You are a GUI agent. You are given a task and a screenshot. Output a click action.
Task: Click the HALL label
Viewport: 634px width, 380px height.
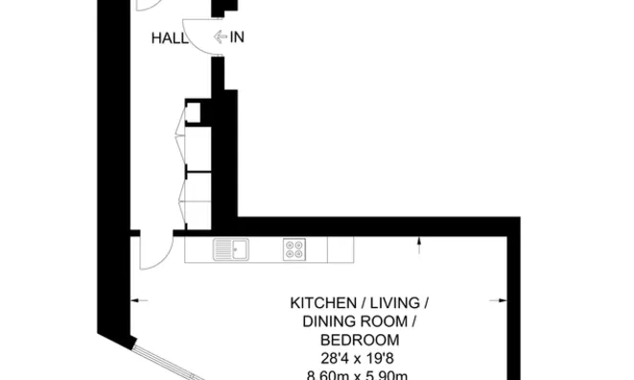(x=169, y=38)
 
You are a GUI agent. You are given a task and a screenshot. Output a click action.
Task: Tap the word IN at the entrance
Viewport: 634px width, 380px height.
(x=237, y=38)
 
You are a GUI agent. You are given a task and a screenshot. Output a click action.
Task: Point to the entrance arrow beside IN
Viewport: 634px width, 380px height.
(x=220, y=38)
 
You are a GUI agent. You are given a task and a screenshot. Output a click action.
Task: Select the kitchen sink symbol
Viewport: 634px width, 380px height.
(x=230, y=249)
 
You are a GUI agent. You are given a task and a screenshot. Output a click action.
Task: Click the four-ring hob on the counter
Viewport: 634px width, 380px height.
(x=294, y=249)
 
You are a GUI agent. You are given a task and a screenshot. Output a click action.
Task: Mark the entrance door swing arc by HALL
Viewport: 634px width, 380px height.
(x=198, y=38)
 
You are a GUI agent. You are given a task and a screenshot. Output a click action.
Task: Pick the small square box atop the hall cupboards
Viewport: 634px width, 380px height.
(x=194, y=112)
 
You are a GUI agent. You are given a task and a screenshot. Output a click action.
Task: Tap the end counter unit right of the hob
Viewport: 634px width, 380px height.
(x=340, y=249)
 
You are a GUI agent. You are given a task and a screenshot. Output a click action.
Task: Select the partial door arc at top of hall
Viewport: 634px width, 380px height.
(x=150, y=6)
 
